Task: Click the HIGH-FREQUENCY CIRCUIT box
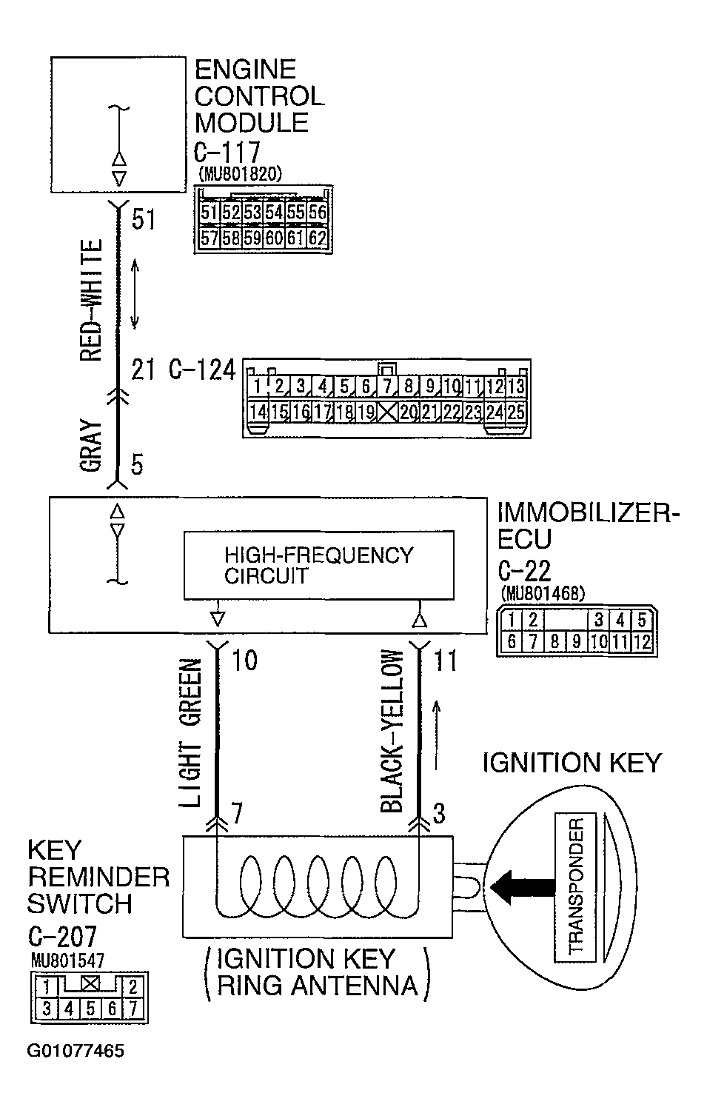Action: pos(318,564)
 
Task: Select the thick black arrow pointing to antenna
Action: pos(523,886)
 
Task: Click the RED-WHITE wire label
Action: pos(91,301)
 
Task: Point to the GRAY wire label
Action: pos(91,446)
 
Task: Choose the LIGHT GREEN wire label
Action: pos(190,732)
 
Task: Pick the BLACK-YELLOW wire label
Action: pos(392,732)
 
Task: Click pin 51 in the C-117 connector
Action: pos(210,213)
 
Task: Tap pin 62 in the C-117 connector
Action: pos(318,238)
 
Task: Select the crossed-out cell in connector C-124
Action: pos(387,412)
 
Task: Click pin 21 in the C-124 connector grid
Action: pos(430,412)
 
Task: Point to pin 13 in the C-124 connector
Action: pos(516,386)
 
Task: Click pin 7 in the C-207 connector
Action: pos(133,1008)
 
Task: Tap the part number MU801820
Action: pos(241,174)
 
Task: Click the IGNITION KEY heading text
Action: pos(572,763)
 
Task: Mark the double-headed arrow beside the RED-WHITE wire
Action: pos(135,293)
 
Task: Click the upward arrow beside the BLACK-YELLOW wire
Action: pos(438,735)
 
